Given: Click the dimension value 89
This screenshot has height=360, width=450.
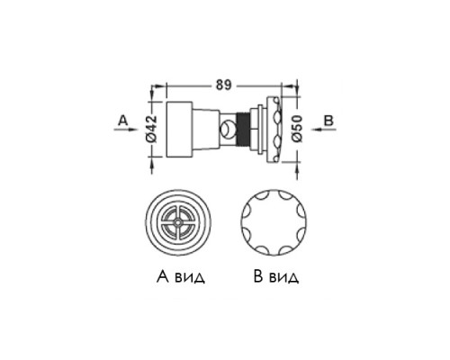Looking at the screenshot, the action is coord(224,85).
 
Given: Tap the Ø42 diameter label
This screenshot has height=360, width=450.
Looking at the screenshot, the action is coord(152,129).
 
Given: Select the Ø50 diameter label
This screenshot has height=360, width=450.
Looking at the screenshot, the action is coord(297,129).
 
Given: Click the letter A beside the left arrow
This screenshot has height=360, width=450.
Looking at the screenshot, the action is coord(122,121).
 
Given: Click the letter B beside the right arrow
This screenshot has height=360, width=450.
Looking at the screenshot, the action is coord(328,121).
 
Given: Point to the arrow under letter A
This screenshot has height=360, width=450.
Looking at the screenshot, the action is coord(124,130).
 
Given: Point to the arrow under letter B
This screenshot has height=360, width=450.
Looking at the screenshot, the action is coord(323,130).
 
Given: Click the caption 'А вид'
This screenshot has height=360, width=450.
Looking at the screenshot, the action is coord(181,276).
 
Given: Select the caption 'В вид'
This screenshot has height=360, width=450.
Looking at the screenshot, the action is coord(276,276).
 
